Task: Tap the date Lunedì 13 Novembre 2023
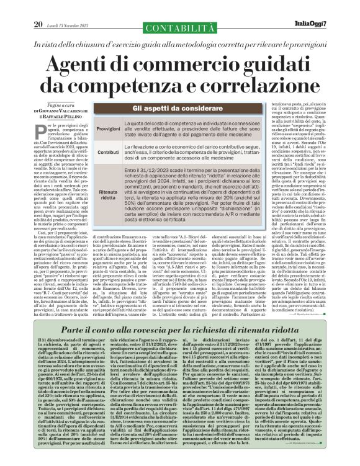pyautogui.click(x=71, y=8)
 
